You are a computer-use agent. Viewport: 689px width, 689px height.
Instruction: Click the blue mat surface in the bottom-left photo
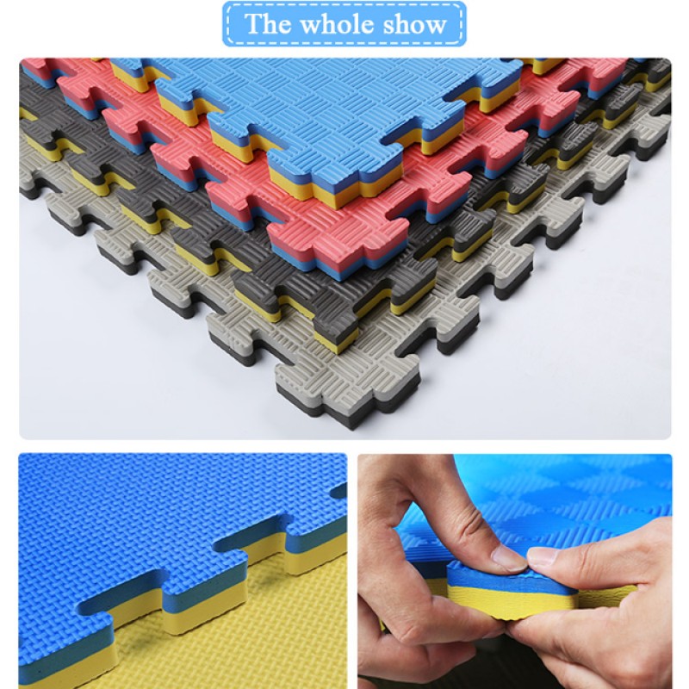coord(129,517)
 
